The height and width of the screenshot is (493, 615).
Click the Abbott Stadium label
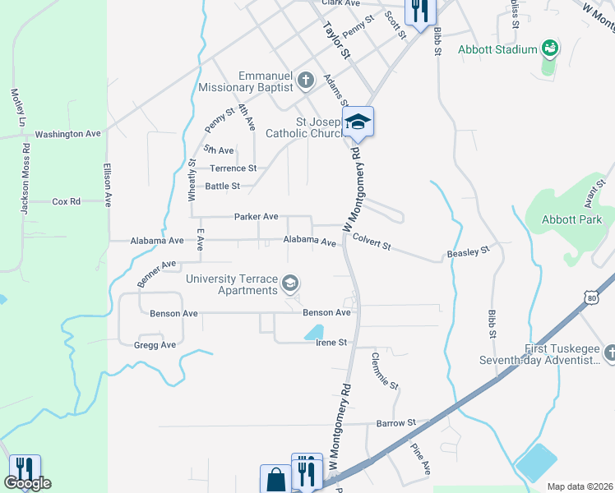point(497,49)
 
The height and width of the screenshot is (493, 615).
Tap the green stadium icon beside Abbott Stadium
point(549,49)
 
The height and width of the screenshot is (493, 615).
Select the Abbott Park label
point(572,219)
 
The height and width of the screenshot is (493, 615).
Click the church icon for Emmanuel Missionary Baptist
point(306,81)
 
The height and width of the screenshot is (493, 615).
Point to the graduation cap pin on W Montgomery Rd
point(358,122)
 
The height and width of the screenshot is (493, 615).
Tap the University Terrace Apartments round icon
point(289,284)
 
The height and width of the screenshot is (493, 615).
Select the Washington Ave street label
point(67,134)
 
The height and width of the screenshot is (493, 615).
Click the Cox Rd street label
point(66,201)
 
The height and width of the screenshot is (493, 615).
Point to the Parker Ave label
point(256,217)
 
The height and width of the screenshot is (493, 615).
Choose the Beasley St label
point(468,251)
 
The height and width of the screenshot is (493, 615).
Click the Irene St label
point(331,343)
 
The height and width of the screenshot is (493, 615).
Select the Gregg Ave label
point(155,345)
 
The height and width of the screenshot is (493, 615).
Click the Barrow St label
point(391,423)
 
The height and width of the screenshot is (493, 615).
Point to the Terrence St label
point(234,168)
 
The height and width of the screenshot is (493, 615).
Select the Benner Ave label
point(157,271)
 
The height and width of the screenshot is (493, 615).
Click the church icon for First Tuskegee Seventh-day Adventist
point(609,353)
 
